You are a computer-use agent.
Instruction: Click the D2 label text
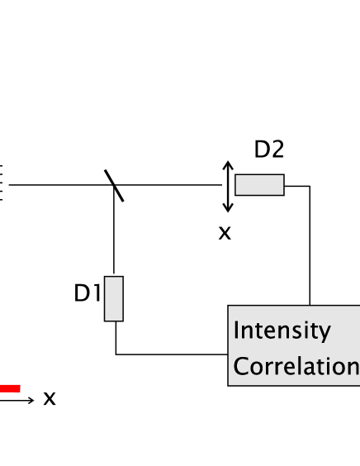pyautogui.click(x=268, y=150)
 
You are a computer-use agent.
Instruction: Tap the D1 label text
pyautogui.click(x=88, y=293)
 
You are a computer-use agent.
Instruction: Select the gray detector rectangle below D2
pyautogui.click(x=259, y=185)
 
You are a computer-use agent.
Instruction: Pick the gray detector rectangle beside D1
pyautogui.click(x=114, y=298)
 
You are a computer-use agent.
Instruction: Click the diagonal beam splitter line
pyautogui.click(x=114, y=185)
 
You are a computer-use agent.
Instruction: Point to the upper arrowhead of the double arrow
pyautogui.click(x=228, y=164)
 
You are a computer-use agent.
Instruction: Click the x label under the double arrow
pyautogui.click(x=224, y=234)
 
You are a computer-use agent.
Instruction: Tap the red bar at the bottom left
pyautogui.click(x=10, y=388)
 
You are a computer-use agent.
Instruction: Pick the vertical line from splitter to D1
pyautogui.click(x=113, y=235)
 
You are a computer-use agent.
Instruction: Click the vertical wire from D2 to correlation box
pyautogui.click(x=310, y=248)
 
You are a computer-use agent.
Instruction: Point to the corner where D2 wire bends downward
pyautogui.click(x=310, y=186)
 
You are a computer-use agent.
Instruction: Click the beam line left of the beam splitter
pyautogui.click(x=58, y=185)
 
